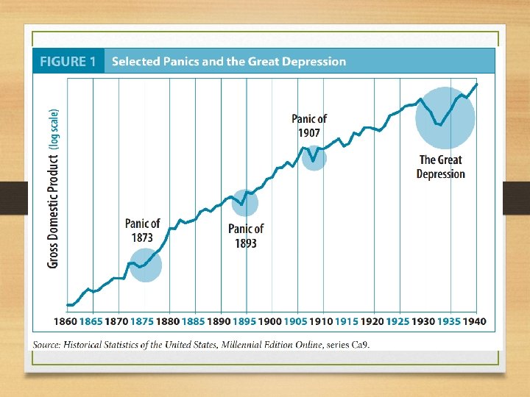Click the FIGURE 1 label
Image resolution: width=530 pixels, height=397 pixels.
pyautogui.click(x=68, y=62)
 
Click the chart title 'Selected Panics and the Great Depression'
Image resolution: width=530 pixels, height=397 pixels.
pyautogui.click(x=228, y=62)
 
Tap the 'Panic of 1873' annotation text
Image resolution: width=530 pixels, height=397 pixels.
pyautogui.click(x=142, y=230)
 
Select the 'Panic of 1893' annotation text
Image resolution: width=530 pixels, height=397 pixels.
pyautogui.click(x=246, y=236)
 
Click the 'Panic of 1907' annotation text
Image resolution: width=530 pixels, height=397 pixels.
pyautogui.click(x=309, y=126)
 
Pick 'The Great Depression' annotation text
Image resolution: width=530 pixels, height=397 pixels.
pyautogui.click(x=440, y=167)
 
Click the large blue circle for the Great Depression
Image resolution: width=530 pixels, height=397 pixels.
pyautogui.click(x=445, y=118)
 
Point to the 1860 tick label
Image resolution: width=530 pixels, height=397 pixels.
pyautogui.click(x=66, y=321)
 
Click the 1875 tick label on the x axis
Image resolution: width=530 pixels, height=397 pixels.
pyautogui.click(x=142, y=321)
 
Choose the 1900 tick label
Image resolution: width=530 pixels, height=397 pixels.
pyautogui.click(x=270, y=321)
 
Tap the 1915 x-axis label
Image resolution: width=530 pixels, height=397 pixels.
pyautogui.click(x=347, y=321)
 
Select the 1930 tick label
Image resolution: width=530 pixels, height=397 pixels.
pyautogui.click(x=423, y=321)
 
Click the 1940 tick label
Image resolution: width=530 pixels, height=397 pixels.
pyautogui.click(x=474, y=321)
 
